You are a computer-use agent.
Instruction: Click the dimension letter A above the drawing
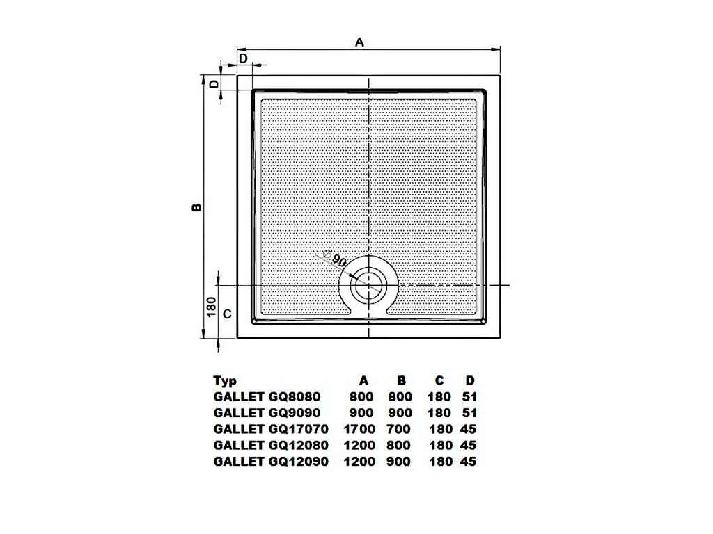(x=359, y=42)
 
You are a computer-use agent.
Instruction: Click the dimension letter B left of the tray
(x=196, y=207)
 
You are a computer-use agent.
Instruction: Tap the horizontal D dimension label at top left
(x=243, y=58)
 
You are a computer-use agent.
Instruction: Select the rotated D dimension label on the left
(x=214, y=84)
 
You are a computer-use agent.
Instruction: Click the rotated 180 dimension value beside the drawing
(x=212, y=307)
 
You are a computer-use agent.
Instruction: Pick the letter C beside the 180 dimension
(x=228, y=314)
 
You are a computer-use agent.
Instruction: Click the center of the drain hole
(x=369, y=286)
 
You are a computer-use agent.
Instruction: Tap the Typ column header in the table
(x=225, y=381)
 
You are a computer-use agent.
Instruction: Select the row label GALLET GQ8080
(x=267, y=397)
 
